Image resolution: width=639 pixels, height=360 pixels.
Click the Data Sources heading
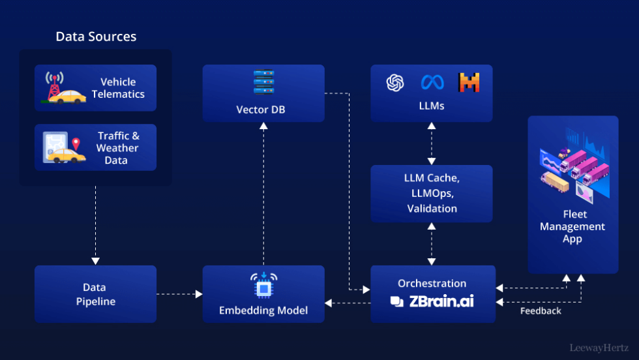tap(97, 37)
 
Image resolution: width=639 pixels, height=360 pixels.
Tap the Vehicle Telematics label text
tap(118, 88)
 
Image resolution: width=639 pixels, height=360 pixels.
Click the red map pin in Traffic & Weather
tap(76, 144)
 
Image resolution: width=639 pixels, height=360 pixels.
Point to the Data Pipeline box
tap(95, 294)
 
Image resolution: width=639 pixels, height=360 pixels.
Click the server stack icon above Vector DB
tap(263, 82)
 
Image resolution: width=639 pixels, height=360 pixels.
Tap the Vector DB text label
tap(261, 110)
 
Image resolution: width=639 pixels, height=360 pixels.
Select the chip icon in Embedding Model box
tap(263, 286)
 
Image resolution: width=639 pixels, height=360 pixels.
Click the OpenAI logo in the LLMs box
tap(395, 83)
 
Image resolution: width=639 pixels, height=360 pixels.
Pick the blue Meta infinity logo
tap(432, 83)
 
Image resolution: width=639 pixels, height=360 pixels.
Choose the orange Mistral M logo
tap(469, 82)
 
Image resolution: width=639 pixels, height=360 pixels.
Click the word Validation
tap(432, 209)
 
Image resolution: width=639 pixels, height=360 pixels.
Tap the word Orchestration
tap(432, 283)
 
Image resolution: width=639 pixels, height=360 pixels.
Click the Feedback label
tap(541, 311)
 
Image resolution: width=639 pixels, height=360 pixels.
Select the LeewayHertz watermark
tap(599, 348)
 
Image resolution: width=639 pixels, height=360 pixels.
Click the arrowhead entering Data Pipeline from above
tap(95, 261)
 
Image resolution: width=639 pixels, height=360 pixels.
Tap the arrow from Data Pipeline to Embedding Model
tap(179, 294)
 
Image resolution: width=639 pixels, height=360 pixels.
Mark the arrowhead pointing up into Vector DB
tap(263, 126)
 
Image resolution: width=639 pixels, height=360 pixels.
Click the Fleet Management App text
tap(572, 227)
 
